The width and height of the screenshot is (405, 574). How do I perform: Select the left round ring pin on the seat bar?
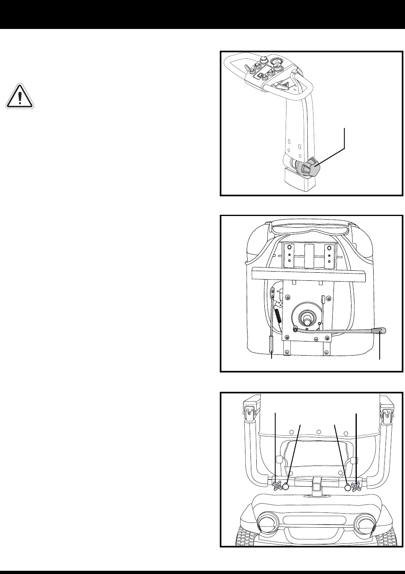286,487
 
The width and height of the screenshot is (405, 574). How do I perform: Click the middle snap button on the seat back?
318,432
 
